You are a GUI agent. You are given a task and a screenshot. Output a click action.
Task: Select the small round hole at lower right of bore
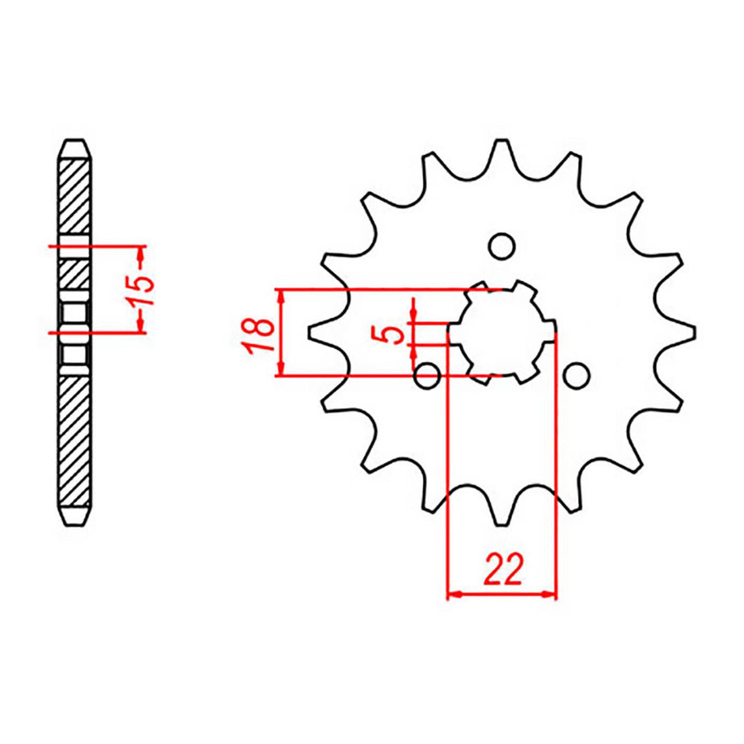tap(576, 375)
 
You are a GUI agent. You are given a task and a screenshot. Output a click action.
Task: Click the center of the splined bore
tap(501, 332)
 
